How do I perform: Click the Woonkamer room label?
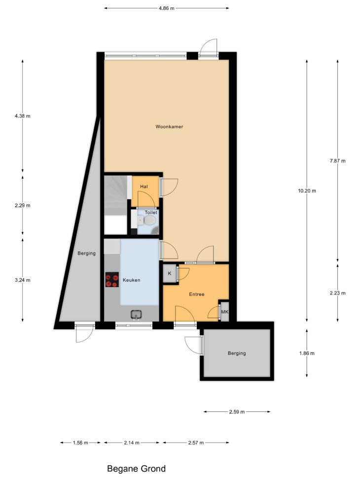click(x=169, y=126)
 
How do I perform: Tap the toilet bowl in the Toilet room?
click(x=149, y=220)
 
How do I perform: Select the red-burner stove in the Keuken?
click(x=112, y=280)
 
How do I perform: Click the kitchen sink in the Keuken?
click(x=136, y=314)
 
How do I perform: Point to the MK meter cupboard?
click(x=225, y=312)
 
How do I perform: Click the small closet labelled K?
click(x=170, y=273)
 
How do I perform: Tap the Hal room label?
click(x=144, y=186)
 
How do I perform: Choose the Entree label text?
click(x=197, y=294)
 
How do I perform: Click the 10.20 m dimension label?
click(x=307, y=191)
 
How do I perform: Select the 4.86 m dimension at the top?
click(x=167, y=8)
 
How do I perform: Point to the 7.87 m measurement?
click(x=338, y=161)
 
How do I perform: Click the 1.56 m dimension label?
click(x=80, y=443)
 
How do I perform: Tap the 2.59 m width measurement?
click(x=237, y=412)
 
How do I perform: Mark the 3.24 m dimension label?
click(x=22, y=280)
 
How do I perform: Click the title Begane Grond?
click(x=136, y=469)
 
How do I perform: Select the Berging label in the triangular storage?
click(x=86, y=254)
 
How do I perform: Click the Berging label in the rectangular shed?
click(x=237, y=353)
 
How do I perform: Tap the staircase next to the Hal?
click(x=116, y=205)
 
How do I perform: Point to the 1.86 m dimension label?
click(x=307, y=353)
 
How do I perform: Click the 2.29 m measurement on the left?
click(x=22, y=205)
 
